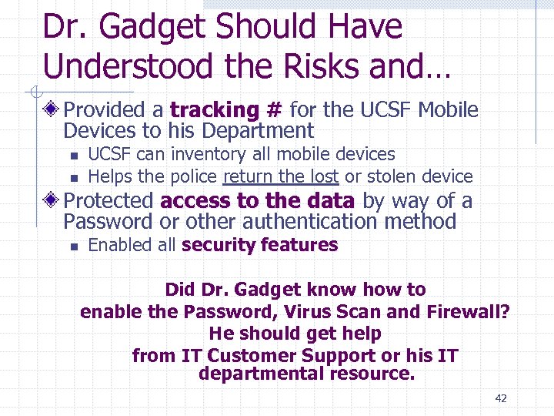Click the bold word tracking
point(215,111)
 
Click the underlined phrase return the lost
point(280,176)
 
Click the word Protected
point(108,201)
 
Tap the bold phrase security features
point(260,245)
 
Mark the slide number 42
point(501,398)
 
